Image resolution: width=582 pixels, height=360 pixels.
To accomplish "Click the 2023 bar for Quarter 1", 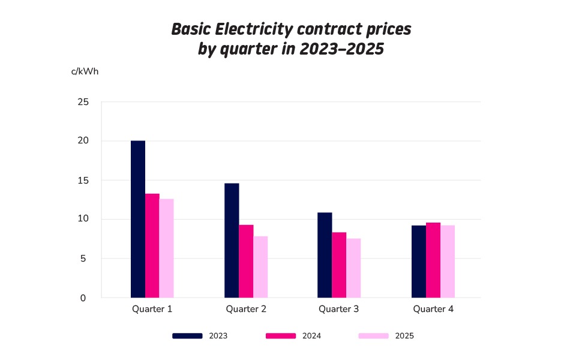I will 138,219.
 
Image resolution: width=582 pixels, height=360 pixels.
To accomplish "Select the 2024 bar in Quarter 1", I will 152,245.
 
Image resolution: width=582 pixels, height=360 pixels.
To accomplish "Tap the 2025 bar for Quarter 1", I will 166,248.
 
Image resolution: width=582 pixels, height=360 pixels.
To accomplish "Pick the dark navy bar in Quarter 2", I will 232,240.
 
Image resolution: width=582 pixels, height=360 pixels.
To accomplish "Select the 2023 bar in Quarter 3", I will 325,255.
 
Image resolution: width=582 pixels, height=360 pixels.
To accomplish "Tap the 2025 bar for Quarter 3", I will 353,268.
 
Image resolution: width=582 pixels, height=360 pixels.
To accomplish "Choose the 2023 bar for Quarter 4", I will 419,262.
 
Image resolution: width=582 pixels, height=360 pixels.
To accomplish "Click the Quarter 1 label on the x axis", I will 152,310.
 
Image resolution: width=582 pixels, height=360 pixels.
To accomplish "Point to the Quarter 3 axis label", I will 339,310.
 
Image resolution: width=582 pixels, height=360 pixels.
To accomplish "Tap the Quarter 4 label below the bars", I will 433,310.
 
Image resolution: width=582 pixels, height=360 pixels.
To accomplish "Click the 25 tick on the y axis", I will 83,102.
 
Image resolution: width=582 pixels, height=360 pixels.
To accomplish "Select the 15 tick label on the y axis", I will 83,180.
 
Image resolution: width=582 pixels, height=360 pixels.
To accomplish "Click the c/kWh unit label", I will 85,71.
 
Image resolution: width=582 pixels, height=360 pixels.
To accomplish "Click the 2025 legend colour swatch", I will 373,336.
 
